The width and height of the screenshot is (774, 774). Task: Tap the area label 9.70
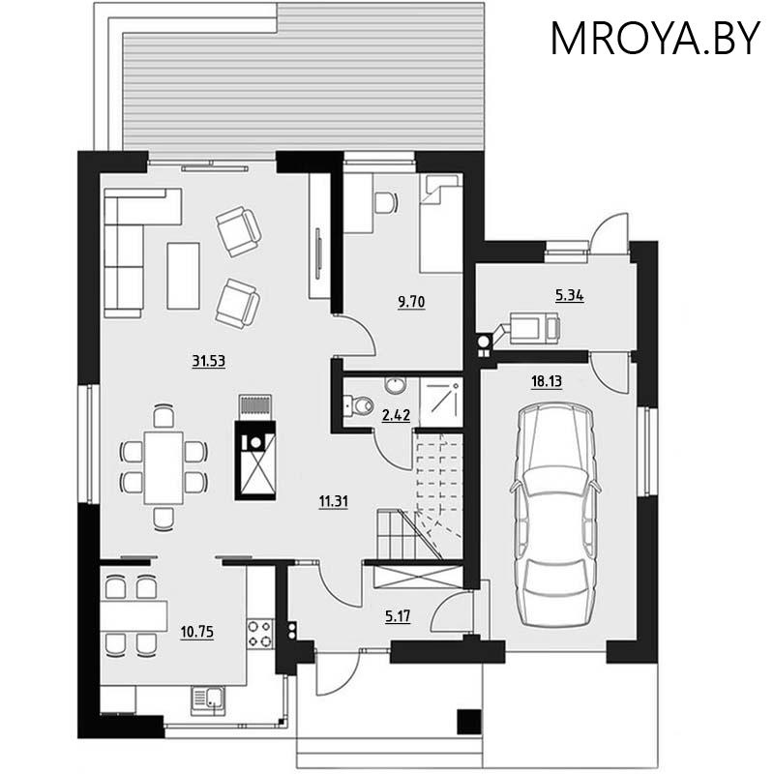click(412, 302)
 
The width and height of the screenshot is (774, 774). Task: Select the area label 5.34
click(569, 295)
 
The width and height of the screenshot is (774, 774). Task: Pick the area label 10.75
click(196, 633)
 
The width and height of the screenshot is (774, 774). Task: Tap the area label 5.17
click(397, 615)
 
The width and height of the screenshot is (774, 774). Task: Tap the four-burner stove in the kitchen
click(260, 634)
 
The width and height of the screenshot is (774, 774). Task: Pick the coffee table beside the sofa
click(183, 275)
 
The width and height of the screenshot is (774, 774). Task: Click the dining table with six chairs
click(164, 465)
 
